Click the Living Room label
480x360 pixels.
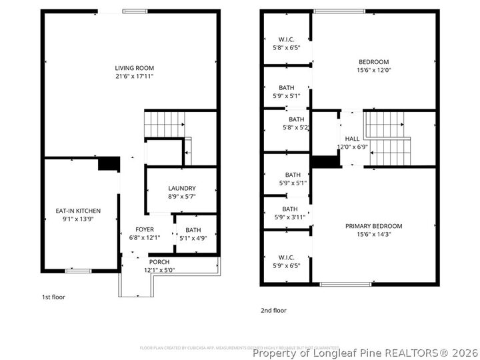coord(135,68)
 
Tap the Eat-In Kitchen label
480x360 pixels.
coord(78,211)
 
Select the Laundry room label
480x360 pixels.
coord(181,188)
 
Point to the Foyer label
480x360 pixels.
coord(144,229)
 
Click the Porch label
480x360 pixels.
coord(159,262)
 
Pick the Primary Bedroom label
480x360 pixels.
coord(373,226)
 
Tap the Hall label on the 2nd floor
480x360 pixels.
coord(352,139)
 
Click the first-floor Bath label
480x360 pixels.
coord(193,230)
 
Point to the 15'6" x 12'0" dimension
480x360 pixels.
coord(373,70)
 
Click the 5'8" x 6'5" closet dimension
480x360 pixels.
coord(287,48)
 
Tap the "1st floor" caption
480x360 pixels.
coord(53,297)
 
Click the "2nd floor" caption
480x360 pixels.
coord(273,310)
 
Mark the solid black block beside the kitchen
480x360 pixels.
coord(108,164)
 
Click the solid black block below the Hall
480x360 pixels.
coord(325,162)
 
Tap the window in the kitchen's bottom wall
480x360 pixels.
coord(78,271)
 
